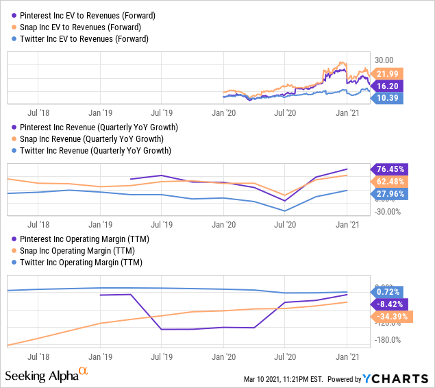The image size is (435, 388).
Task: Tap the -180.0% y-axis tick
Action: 389,339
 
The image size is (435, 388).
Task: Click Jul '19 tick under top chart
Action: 161,111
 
